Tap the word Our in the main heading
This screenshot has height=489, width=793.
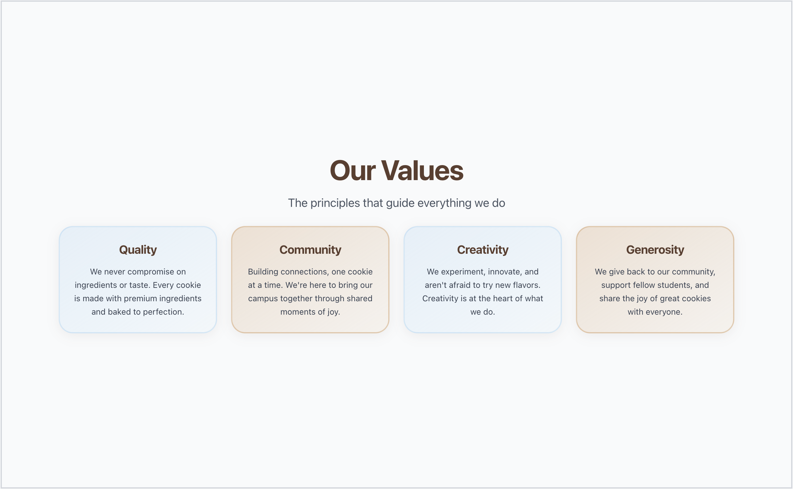(353, 171)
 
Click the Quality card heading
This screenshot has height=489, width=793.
(138, 250)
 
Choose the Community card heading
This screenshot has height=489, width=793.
(310, 250)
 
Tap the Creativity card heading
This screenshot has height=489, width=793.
(482, 250)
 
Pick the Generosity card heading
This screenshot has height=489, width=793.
(655, 250)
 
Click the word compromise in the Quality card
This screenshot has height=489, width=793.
(151, 272)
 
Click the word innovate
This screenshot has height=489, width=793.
(505, 272)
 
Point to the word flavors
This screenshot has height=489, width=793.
(527, 285)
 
